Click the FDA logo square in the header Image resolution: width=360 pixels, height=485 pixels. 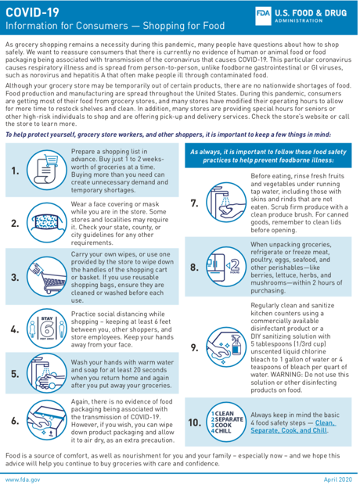(263, 16)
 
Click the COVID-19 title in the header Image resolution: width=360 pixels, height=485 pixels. (32, 13)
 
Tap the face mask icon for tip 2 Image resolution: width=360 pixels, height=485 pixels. (47, 222)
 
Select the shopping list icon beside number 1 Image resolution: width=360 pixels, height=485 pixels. (47, 170)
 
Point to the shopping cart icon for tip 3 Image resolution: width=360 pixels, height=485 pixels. (47, 276)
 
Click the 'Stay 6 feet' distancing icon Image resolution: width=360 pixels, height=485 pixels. (47, 329)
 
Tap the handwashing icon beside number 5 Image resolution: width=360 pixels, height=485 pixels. (47, 373)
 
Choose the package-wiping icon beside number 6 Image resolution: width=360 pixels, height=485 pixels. (47, 420)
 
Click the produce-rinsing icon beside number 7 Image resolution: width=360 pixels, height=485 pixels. (226, 203)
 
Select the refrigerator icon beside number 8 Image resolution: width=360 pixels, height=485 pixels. (226, 266)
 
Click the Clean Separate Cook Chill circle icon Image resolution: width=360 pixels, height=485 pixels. (226, 422)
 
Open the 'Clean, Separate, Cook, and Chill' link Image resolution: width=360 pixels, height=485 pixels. (293, 426)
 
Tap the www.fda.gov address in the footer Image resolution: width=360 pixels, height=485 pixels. (23, 480)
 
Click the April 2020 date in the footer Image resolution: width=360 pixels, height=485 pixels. (338, 480)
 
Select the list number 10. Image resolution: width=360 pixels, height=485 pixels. (194, 422)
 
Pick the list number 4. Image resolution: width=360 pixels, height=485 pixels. (15, 329)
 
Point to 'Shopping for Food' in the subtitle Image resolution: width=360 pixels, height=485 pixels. (184, 26)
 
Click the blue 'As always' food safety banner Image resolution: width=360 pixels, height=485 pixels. (268, 156)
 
